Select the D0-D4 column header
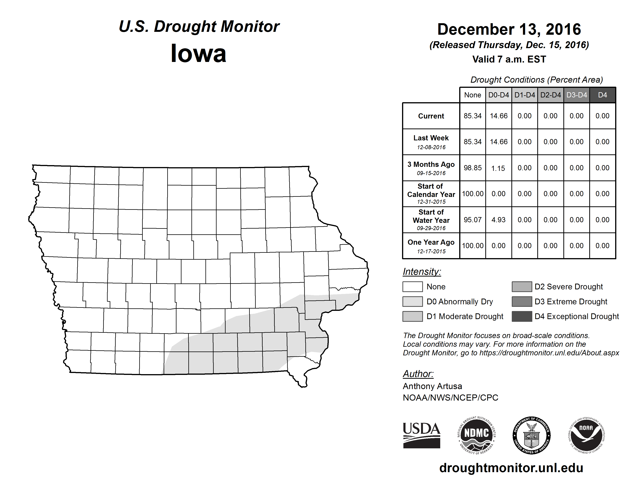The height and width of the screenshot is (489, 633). pyautogui.click(x=499, y=95)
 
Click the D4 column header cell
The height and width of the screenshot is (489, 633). pyautogui.click(x=602, y=95)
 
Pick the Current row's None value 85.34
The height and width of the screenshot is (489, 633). pyautogui.click(x=472, y=116)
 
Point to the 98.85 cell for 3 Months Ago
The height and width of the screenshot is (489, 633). pyautogui.click(x=472, y=168)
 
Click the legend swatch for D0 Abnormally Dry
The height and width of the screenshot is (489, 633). pyautogui.click(x=412, y=302)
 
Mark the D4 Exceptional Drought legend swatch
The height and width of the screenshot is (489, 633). pyautogui.click(x=522, y=316)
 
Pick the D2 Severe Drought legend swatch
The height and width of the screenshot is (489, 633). pyautogui.click(x=522, y=286)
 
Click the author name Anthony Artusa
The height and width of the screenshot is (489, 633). pyautogui.click(x=432, y=386)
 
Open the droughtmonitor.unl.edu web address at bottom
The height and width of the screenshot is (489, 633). pyautogui.click(x=511, y=468)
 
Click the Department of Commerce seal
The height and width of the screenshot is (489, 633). pyautogui.click(x=531, y=435)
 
